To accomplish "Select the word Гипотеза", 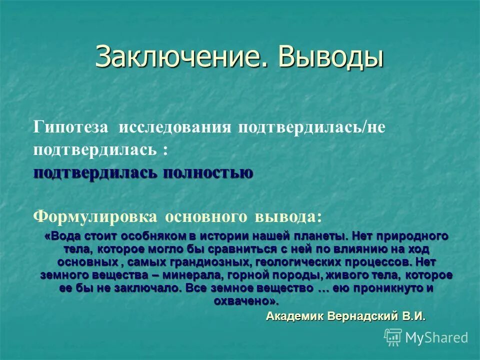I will tap(70, 127).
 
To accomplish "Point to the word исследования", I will tap(175, 127).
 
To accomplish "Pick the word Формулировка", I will tap(94, 216).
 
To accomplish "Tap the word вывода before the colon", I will tap(285, 216).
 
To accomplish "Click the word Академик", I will tap(295, 316).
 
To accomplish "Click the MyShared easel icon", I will tap(393, 337).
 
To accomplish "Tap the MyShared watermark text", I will tap(436, 337).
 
